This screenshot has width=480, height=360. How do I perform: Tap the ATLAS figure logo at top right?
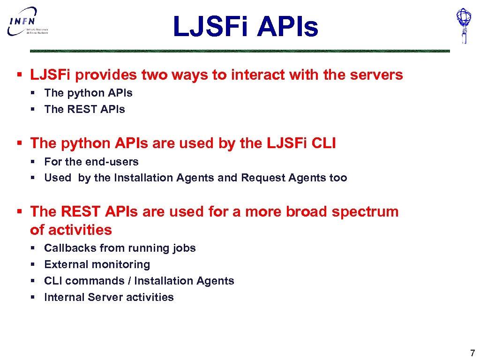(464, 25)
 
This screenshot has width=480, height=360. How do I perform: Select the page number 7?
(472, 353)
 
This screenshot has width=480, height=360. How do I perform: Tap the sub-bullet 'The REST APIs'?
(84, 109)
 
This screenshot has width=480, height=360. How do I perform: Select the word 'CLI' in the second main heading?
(323, 143)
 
